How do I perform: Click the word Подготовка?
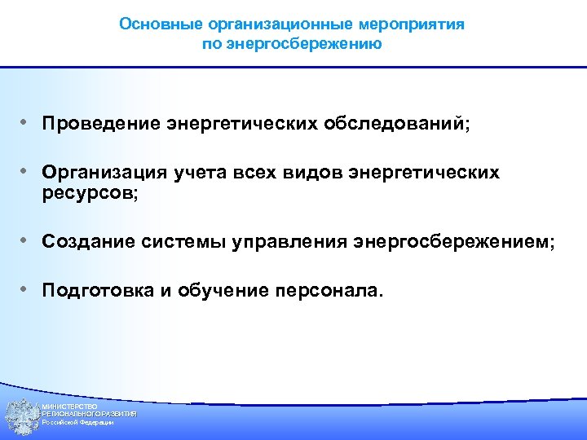[x=98, y=290]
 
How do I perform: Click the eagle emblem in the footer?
[x=20, y=415]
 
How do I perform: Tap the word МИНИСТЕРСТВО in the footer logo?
[x=70, y=406]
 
